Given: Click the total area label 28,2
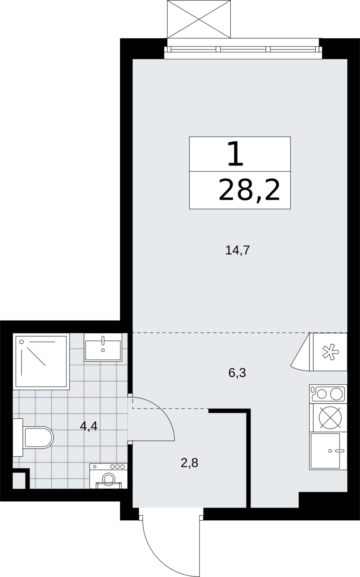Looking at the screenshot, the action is (x=249, y=191).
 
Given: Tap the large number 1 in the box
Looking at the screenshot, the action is (x=235, y=154).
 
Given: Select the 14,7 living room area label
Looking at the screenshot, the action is (x=237, y=250).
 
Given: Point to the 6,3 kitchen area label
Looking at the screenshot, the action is (x=237, y=373).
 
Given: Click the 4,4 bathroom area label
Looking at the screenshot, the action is (x=89, y=426).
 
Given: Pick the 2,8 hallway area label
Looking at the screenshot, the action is (x=190, y=463).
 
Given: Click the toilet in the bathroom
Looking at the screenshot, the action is (x=34, y=437).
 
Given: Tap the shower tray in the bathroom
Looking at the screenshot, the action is (x=41, y=361).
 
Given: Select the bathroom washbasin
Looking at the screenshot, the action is (x=103, y=348).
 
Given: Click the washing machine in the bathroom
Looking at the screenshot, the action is (x=108, y=476).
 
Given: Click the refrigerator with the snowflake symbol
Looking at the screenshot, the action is (x=330, y=352).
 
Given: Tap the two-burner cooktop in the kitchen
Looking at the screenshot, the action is (x=328, y=394).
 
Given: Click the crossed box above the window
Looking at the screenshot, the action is (x=199, y=19).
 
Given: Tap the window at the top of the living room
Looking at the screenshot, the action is (x=243, y=49).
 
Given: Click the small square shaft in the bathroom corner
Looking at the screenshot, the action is (x=19, y=480).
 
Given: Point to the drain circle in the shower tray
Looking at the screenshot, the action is (x=22, y=342).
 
